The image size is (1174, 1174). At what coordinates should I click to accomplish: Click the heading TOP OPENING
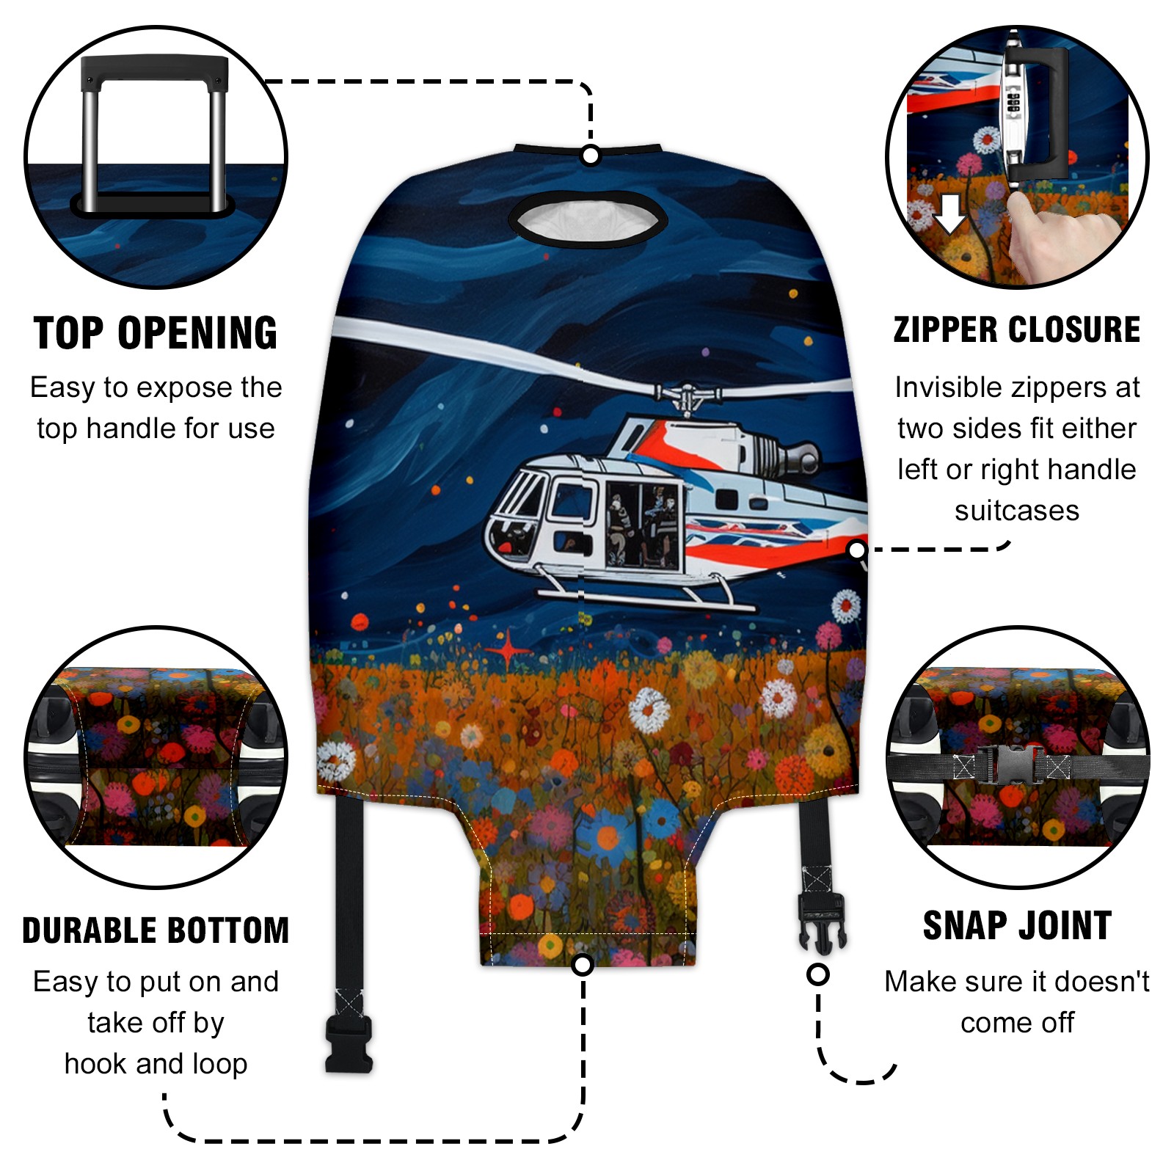pos(156,333)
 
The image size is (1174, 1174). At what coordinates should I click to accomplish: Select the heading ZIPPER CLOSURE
pos(1017,329)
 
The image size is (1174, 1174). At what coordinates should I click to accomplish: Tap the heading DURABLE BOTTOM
pos(156,930)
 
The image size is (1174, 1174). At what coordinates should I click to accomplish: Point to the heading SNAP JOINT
pos(1017,925)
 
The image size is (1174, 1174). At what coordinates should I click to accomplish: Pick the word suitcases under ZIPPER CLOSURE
pos(1017,511)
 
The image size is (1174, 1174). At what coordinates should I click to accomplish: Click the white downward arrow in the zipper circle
pos(950,214)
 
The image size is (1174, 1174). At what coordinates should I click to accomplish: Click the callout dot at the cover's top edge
pos(590,156)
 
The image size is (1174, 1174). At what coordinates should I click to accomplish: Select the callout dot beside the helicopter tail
pos(856,550)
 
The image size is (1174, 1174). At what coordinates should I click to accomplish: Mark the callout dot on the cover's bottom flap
pos(583,965)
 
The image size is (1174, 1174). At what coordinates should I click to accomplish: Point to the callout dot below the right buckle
pos(818,974)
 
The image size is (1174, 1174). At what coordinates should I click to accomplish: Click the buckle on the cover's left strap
pos(349,1044)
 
